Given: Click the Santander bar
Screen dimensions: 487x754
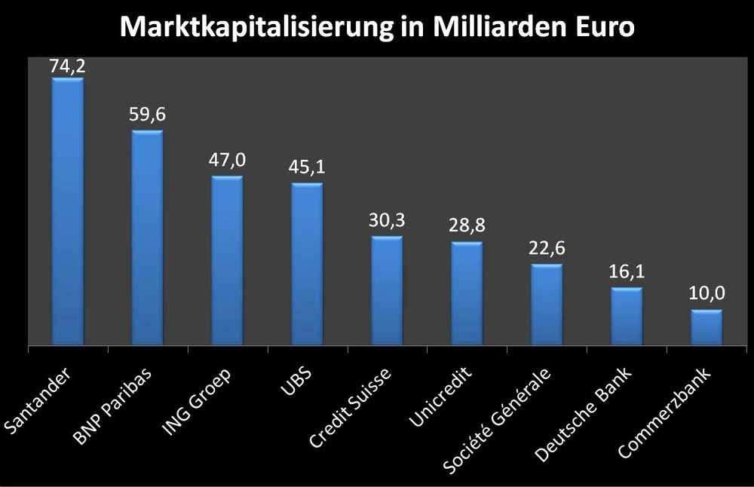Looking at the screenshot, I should pyautogui.click(x=67, y=211).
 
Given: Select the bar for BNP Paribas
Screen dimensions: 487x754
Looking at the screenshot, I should pyautogui.click(x=147, y=237).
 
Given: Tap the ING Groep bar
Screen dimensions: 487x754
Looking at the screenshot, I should pyautogui.click(x=227, y=260).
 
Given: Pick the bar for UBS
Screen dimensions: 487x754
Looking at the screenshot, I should pyautogui.click(x=307, y=264).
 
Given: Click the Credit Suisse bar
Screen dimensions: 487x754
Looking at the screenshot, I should pyautogui.click(x=387, y=290).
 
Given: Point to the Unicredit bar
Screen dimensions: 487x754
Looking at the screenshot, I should pyautogui.click(x=467, y=293).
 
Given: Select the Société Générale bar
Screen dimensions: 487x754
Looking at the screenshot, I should pyautogui.click(x=547, y=305).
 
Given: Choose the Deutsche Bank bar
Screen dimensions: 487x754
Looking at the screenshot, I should pyautogui.click(x=627, y=316).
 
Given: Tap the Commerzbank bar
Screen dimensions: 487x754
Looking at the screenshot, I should pyautogui.click(x=706, y=327).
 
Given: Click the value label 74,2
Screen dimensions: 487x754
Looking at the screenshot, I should pyautogui.click(x=67, y=66).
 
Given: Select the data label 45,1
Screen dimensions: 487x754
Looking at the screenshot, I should pyautogui.click(x=307, y=167).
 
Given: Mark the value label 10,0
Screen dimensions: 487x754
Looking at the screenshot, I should pyautogui.click(x=706, y=294).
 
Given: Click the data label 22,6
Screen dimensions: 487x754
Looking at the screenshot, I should pyautogui.click(x=547, y=248).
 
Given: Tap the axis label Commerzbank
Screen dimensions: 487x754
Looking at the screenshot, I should pyautogui.click(x=664, y=411).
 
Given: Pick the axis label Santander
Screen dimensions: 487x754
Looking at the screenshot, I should pyautogui.click(x=38, y=400).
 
